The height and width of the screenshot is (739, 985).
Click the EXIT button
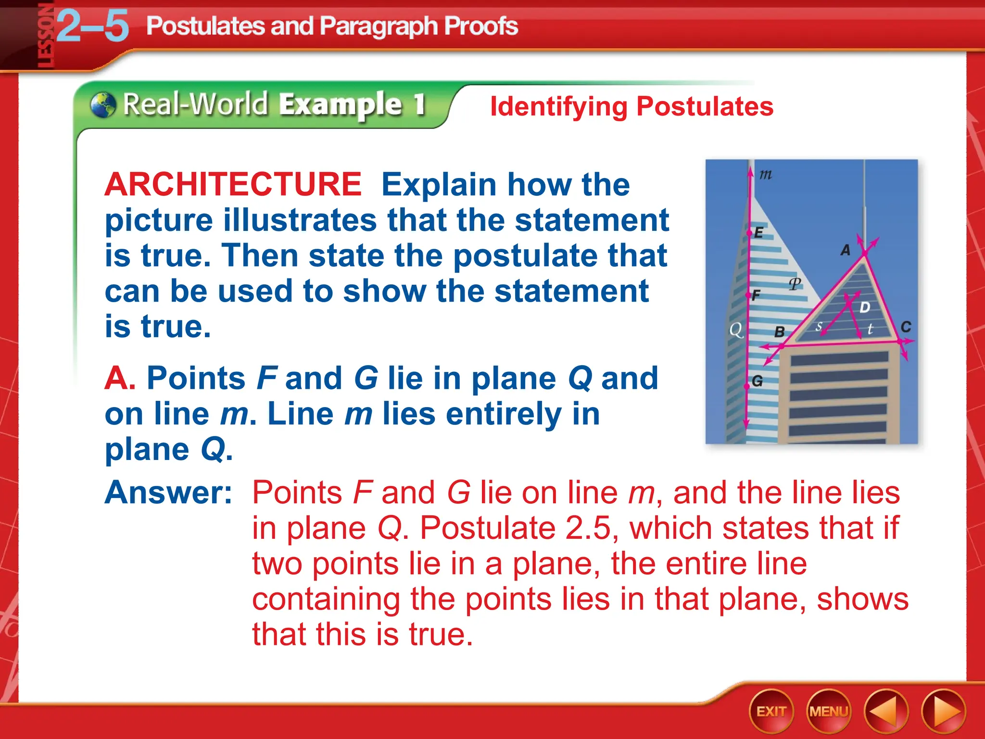(x=771, y=711)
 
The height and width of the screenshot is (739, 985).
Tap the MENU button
(x=828, y=711)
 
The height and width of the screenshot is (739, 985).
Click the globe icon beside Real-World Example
(x=103, y=105)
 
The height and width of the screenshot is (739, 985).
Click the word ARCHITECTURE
(x=233, y=185)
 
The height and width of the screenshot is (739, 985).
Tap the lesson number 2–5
(x=93, y=26)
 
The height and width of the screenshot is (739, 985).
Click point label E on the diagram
(x=758, y=233)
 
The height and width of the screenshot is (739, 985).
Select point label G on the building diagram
(x=757, y=382)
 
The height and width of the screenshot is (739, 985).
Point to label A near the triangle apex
(x=845, y=250)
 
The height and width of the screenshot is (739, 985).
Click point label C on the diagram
(x=906, y=327)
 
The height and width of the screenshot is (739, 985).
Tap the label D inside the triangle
(x=865, y=307)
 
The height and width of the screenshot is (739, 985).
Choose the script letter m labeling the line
(x=766, y=174)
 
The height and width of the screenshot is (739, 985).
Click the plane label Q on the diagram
(x=736, y=330)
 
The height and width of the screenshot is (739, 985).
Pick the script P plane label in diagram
(x=795, y=284)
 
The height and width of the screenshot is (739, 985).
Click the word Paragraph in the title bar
(x=378, y=26)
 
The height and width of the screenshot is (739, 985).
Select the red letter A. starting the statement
(x=119, y=378)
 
